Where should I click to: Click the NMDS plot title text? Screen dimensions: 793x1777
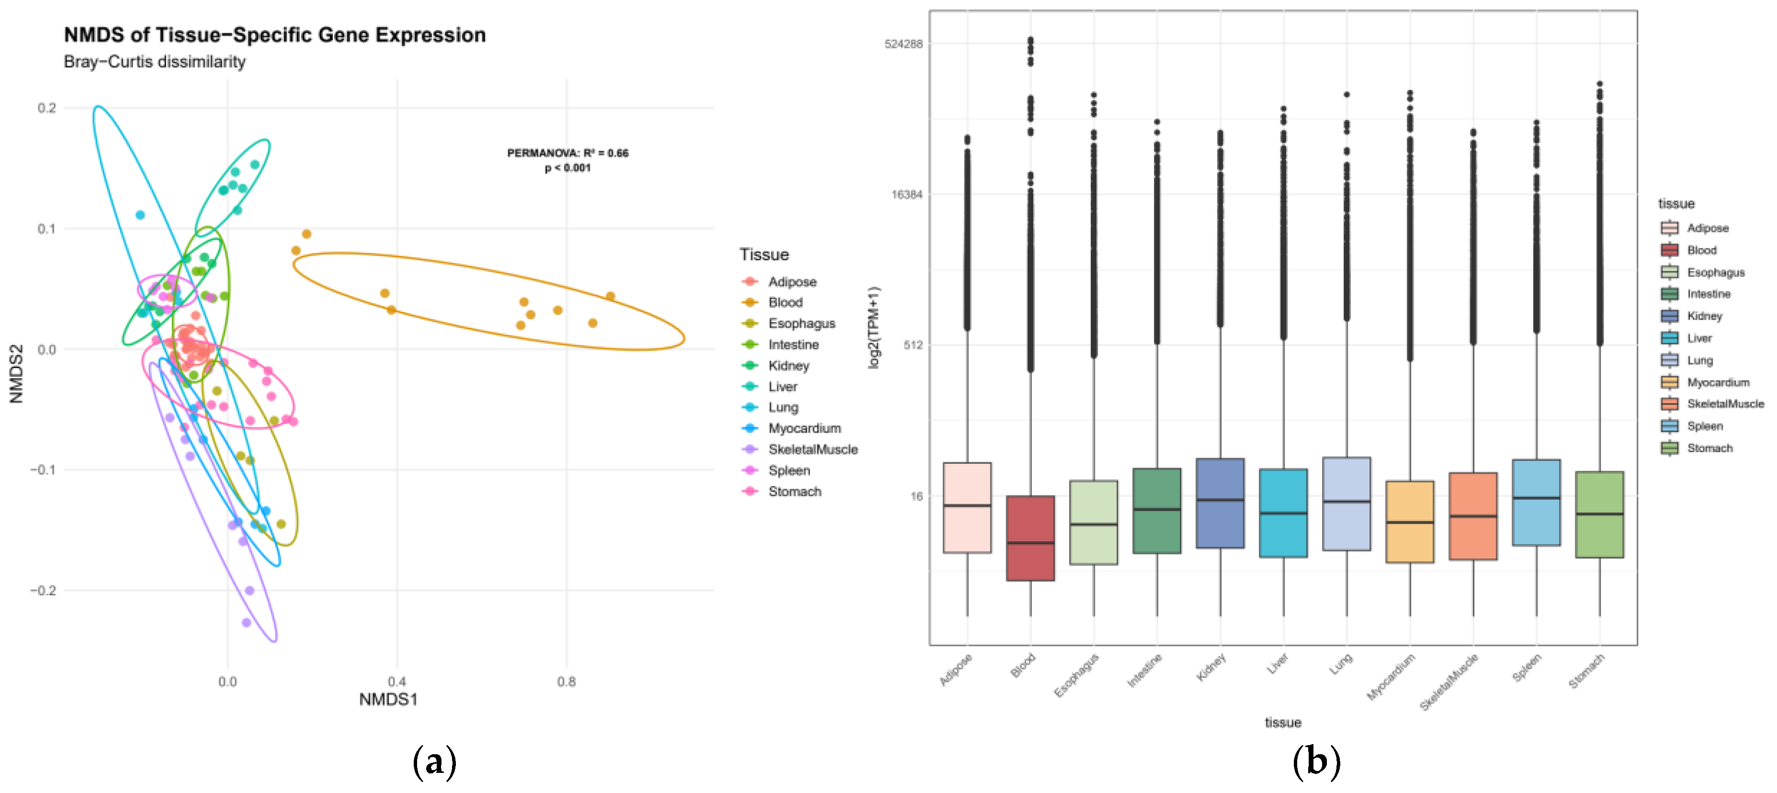coord(274,35)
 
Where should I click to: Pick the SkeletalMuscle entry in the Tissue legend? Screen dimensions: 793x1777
coord(813,449)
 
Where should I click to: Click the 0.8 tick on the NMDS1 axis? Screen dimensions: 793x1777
coord(566,681)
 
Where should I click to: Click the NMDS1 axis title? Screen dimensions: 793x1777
coord(388,700)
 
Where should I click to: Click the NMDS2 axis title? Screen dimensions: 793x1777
coord(17,373)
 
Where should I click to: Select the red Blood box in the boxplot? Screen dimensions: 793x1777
coord(1030,538)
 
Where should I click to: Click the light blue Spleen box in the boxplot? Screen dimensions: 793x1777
coord(1536,503)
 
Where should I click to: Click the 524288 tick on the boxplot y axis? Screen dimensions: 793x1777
coord(903,44)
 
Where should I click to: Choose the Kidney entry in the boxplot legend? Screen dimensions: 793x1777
coord(1704,316)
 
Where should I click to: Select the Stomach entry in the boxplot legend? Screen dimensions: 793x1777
coord(1709,448)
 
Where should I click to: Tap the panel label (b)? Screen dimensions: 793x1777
coord(1316,762)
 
